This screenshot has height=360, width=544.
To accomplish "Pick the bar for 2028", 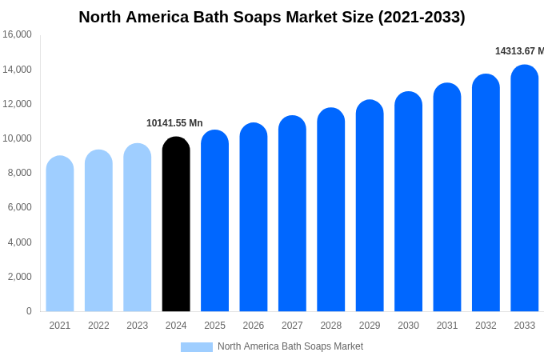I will point(331,210).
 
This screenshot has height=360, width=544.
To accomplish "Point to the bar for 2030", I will point(408,202).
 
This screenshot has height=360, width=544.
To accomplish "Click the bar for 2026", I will point(254,217).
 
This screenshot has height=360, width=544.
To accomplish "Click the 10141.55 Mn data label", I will point(174,123).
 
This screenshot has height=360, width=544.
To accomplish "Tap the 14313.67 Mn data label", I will point(518,51).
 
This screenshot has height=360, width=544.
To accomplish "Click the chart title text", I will point(272,17).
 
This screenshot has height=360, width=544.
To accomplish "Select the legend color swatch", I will point(197,347).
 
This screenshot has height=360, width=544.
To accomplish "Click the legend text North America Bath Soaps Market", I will point(290,346).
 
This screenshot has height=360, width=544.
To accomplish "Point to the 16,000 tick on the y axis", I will point(17,34).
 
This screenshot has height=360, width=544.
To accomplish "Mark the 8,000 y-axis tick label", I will point(19,173).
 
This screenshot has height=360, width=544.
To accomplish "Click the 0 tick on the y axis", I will point(29,311).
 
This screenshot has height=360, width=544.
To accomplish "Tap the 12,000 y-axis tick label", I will point(17,104).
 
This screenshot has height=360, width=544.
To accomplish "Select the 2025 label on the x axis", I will point(214,326).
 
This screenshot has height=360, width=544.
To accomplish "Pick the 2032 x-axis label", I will point(486,326).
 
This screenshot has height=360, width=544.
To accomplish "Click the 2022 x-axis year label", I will point(98,326).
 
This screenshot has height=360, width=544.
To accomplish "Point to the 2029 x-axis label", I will point(370,326).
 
